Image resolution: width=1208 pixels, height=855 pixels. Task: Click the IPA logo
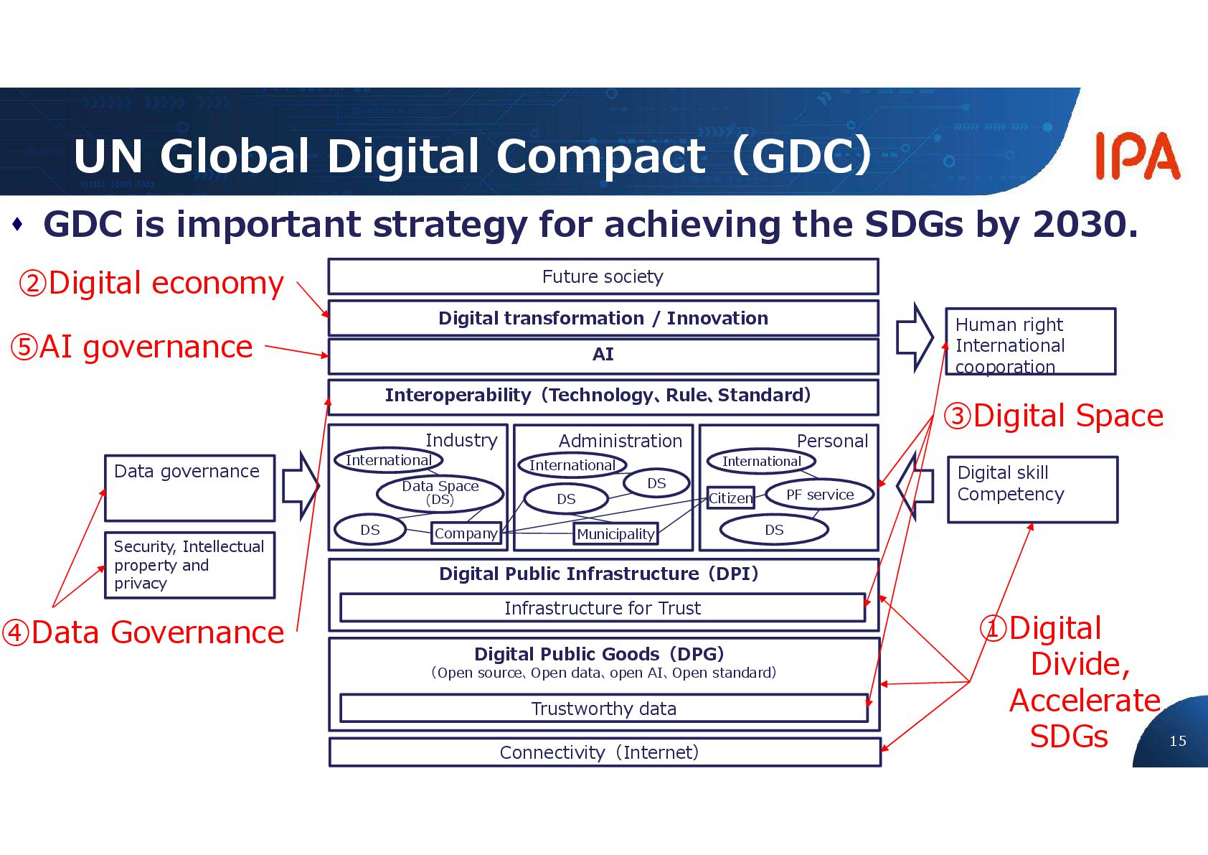point(1137,156)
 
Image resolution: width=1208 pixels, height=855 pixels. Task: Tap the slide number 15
point(1177,741)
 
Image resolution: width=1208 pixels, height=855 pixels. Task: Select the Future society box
point(603,276)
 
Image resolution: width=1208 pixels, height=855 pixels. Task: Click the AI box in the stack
point(603,355)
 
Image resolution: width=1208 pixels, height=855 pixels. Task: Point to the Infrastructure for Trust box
point(603,608)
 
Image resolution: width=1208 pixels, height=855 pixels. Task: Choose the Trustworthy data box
point(603,709)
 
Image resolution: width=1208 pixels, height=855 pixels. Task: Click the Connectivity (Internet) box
point(603,752)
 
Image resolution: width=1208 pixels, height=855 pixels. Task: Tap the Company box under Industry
point(466,533)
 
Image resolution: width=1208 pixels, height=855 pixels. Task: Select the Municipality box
point(615,534)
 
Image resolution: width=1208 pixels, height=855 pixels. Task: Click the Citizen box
point(730,497)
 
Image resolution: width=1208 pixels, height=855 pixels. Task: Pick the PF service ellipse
point(820,495)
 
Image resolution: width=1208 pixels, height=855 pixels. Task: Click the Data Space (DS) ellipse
point(440,492)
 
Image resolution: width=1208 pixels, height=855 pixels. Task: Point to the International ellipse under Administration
point(572,465)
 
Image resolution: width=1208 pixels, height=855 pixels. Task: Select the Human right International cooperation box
point(1030,342)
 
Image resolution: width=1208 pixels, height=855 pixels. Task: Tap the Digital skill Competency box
point(1032,490)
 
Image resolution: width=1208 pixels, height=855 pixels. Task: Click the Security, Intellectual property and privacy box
point(189,565)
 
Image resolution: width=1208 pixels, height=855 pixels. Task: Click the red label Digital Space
point(1053,416)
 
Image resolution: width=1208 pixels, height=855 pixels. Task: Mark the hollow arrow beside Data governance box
point(299,486)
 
